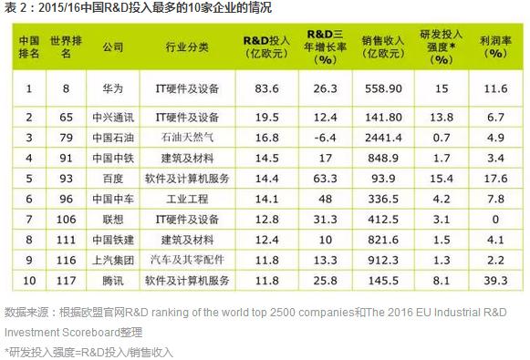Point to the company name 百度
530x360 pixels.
(113, 178)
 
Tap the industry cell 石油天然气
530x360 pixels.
(188, 138)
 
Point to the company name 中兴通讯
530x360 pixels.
(113, 118)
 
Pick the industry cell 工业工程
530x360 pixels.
(188, 198)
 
